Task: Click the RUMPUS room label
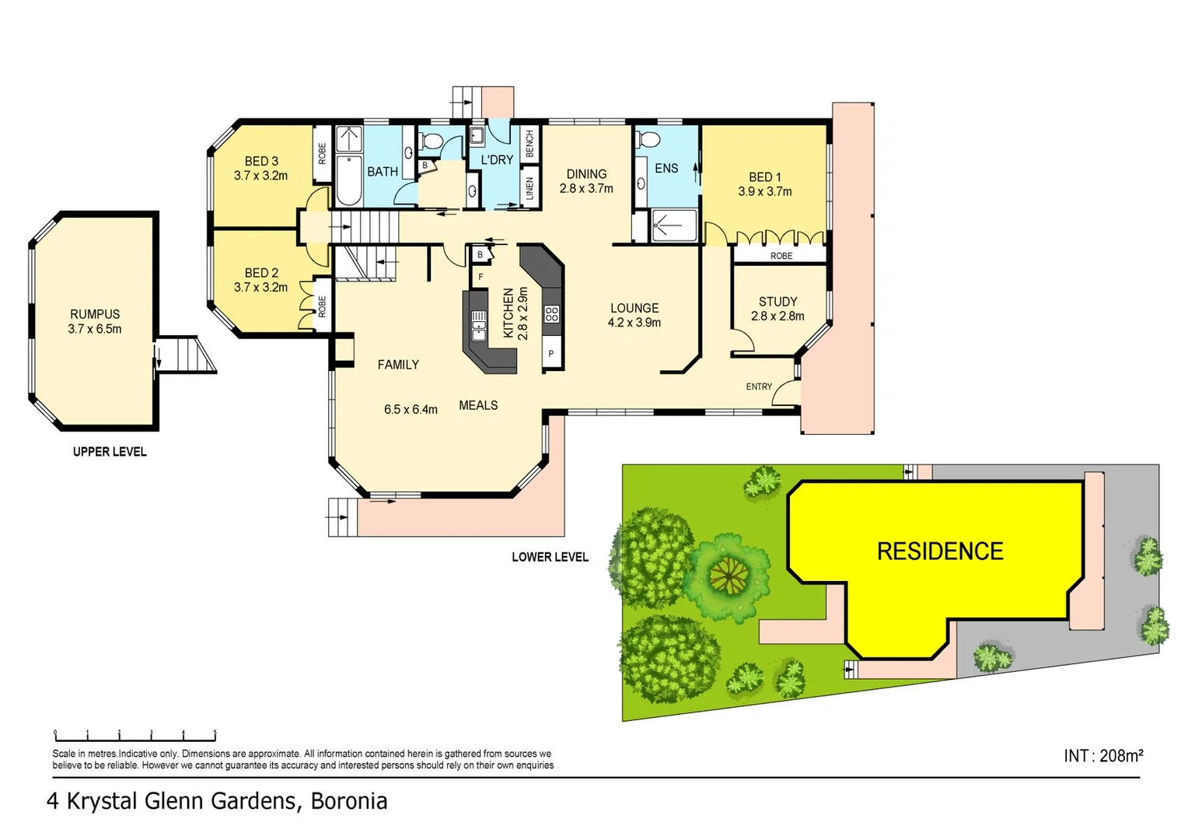pos(95,314)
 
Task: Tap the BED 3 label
pos(261,161)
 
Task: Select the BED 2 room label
pos(261,273)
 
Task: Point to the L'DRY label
pos(497,159)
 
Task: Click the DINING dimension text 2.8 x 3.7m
pos(586,188)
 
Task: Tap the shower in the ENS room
pos(673,225)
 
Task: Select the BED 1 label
pos(764,177)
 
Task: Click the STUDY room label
pos(777,302)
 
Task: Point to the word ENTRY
pos(759,387)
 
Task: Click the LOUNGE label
pos(634,308)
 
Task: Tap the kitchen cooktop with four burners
pos(551,314)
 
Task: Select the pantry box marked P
pos(551,354)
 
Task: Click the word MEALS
pos(478,405)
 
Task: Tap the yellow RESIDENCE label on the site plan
pos(939,551)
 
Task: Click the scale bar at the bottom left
pos(135,734)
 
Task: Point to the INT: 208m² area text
pos(1102,755)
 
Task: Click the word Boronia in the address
pos(349,801)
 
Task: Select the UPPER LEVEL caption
pos(110,452)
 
